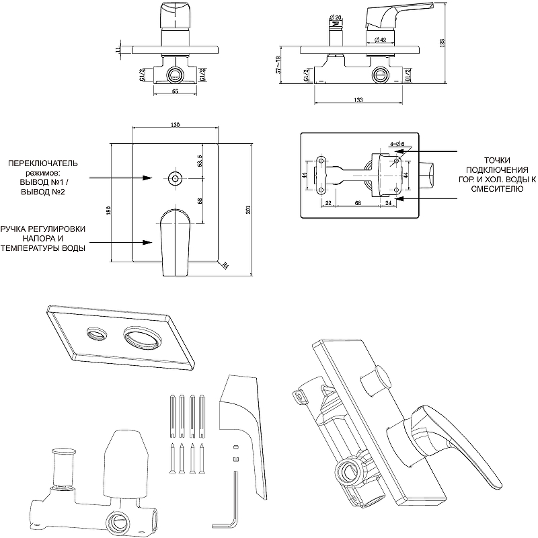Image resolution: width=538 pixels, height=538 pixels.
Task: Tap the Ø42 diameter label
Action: [x=378, y=40]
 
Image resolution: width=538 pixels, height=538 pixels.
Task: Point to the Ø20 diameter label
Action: [x=336, y=17]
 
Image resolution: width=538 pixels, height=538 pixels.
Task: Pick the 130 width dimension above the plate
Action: [x=176, y=126]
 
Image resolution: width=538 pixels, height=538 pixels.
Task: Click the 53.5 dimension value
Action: [x=200, y=161]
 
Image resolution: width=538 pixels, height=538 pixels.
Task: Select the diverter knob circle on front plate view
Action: [x=175, y=178]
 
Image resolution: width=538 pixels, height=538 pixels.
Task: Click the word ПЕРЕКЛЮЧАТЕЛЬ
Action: [x=43, y=163]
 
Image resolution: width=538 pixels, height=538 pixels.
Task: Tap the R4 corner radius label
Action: [x=225, y=266]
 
